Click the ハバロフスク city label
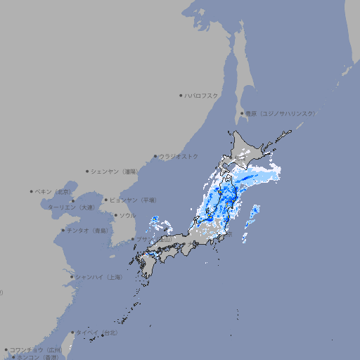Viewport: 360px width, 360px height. point(202,95)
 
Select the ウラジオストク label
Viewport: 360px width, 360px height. point(179,156)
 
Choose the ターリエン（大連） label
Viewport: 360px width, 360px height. point(71,207)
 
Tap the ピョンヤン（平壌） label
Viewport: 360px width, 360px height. point(134,200)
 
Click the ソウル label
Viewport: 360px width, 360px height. point(127,215)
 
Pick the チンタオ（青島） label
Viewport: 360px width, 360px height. point(88,231)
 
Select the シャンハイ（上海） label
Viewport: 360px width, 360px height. point(99,277)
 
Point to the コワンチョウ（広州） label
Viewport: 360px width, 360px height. point(36,349)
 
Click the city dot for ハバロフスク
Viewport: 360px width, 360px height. point(181,95)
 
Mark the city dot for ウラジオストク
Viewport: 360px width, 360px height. point(155,156)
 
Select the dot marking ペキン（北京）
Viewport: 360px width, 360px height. point(31,191)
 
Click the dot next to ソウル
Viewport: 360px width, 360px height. point(115,215)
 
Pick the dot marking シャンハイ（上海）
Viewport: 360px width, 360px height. point(72,277)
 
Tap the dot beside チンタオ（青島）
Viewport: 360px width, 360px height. point(63,231)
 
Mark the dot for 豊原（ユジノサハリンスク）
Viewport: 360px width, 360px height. point(242,113)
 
